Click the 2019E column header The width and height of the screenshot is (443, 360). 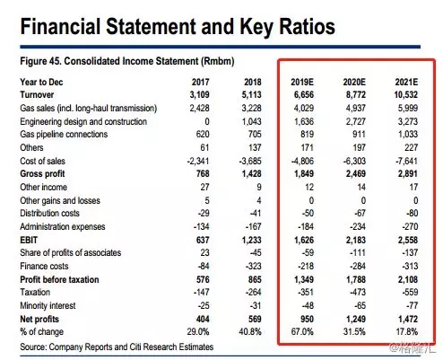(x=302, y=82)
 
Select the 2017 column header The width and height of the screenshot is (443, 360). (x=200, y=82)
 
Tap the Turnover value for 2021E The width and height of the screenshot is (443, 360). (x=405, y=95)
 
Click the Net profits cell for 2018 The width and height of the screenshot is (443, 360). (x=255, y=319)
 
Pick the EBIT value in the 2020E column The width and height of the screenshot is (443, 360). (x=355, y=240)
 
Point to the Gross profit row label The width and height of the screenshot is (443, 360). (x=42, y=174)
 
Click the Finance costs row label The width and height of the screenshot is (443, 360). (x=44, y=266)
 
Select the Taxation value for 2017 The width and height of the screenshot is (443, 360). (x=201, y=292)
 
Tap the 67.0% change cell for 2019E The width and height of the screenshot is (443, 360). (x=302, y=331)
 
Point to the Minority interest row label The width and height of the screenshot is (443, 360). (x=48, y=305)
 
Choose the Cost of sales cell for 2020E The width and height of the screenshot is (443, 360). (x=354, y=161)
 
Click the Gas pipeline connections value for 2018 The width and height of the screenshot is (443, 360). (x=255, y=135)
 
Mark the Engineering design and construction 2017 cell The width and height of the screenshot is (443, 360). (x=206, y=121)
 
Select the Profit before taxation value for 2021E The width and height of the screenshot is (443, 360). (x=407, y=279)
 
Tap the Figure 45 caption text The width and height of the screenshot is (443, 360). (x=127, y=61)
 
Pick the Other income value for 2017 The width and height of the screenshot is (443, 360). (x=204, y=187)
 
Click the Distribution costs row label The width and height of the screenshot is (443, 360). (x=49, y=214)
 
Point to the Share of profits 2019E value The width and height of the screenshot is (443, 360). (x=308, y=253)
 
